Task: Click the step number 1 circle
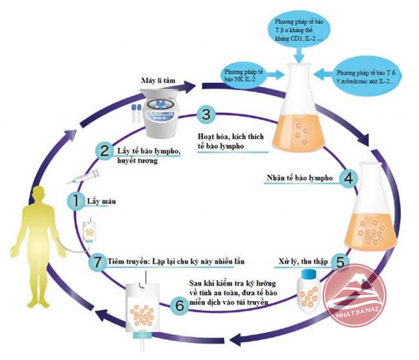point(75,202)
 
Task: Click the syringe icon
point(85,174)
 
